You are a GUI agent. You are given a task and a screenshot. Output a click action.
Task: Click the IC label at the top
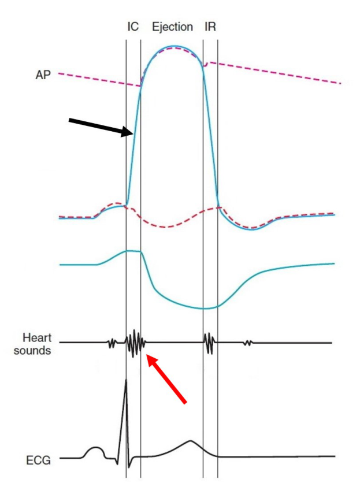point(133,27)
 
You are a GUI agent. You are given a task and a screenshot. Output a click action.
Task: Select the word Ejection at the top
point(172,27)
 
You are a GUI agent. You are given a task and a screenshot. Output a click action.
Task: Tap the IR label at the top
point(210,27)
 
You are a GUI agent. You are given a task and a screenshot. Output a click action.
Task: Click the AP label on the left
point(43,75)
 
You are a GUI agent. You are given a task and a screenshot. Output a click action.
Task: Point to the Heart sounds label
point(32,344)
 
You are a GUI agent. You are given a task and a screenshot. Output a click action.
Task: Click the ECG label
point(38,460)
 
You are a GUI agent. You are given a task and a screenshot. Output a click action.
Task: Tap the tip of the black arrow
point(133,133)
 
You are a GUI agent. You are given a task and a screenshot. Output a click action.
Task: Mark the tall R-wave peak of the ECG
point(126,380)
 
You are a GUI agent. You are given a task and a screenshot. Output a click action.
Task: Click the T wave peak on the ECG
point(190,440)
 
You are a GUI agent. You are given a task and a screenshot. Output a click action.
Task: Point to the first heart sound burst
point(135,343)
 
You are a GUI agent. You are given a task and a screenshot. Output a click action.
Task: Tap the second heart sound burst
point(209,343)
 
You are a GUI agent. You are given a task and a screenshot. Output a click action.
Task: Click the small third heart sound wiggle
point(248,343)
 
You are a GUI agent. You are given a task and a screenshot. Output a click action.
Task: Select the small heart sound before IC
point(112,343)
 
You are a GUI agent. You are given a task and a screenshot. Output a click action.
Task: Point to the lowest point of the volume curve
point(205,309)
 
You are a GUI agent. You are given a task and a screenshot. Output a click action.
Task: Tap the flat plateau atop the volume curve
point(133,251)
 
